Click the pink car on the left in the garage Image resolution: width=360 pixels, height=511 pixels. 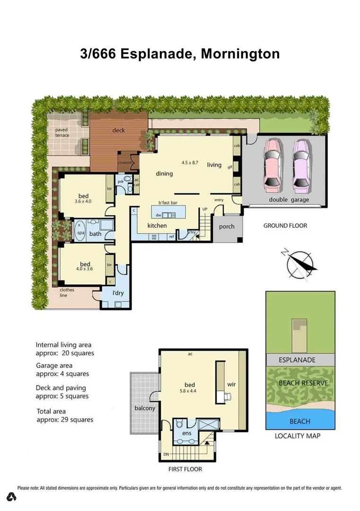(x=272, y=164)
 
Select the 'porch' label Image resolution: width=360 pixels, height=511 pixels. (x=227, y=227)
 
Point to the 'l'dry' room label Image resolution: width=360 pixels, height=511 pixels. (x=118, y=293)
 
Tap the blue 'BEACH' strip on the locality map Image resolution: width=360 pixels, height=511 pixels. (x=300, y=421)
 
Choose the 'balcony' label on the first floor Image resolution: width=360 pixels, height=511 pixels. (x=145, y=408)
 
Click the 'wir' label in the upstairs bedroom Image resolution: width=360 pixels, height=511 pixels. (x=231, y=385)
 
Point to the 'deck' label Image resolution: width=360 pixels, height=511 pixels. (x=118, y=130)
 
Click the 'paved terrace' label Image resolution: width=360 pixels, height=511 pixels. (x=62, y=132)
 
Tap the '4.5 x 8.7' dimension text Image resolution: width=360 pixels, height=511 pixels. (x=192, y=162)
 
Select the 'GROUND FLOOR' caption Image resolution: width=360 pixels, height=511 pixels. (x=285, y=226)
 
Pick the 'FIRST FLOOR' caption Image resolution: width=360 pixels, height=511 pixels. (x=185, y=469)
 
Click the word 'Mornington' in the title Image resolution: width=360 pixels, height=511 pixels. (x=240, y=54)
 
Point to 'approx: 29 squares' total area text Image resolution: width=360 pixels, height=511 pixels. (x=65, y=420)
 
